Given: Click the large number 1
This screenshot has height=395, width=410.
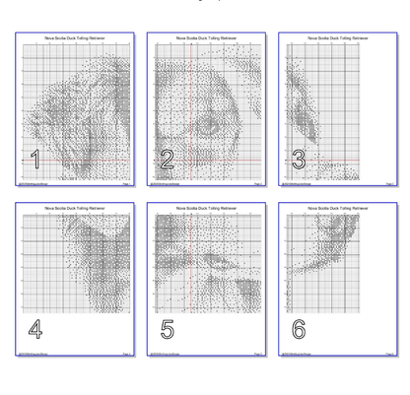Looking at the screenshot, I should click(x=35, y=160).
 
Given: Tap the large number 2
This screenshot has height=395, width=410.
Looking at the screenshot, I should click(x=167, y=160).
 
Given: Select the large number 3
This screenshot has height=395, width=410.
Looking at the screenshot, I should click(x=298, y=160).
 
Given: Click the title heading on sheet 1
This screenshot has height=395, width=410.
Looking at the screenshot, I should click(x=75, y=38).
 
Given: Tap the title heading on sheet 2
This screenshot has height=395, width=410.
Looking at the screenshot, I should click(x=206, y=38).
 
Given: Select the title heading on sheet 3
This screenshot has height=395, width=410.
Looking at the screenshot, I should click(x=338, y=38).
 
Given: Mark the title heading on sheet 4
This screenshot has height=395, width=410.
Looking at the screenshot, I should click(x=75, y=209).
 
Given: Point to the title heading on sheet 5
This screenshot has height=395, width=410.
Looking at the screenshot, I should click(x=206, y=209).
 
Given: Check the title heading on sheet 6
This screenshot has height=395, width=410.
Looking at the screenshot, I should click(x=338, y=209).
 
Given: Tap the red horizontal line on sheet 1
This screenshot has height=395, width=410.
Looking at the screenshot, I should click(x=79, y=160).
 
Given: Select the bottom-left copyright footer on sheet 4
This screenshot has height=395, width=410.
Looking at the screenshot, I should click(x=32, y=354).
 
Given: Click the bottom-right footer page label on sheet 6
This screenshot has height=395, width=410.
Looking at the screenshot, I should click(x=390, y=354).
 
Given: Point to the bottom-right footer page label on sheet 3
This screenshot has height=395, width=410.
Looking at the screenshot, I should click(x=390, y=183).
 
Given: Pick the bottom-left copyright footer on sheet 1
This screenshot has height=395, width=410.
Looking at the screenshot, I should click(x=32, y=183).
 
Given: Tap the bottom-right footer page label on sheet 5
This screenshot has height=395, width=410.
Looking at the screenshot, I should click(x=258, y=354).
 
